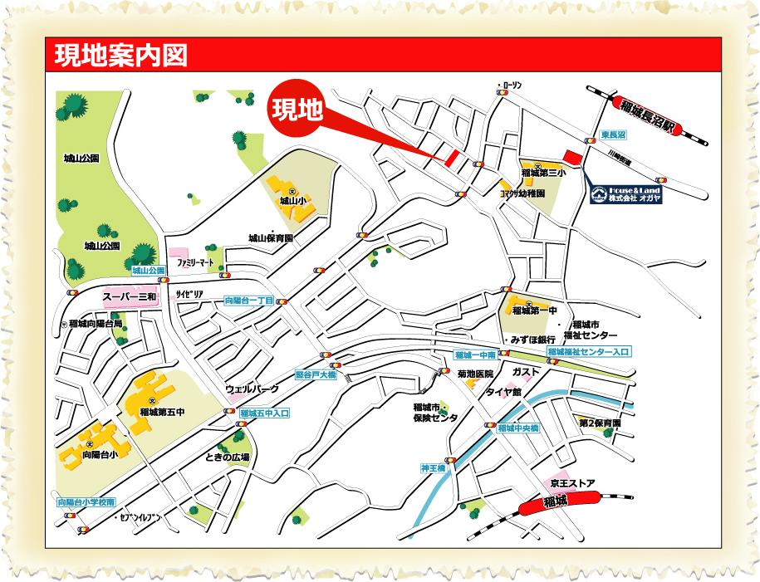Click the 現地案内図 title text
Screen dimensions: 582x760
pos(120,56)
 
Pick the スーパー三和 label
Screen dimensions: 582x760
pos(130,296)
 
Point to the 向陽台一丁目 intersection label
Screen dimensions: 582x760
pos(248,301)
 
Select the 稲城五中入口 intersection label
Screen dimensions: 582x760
pos(264,413)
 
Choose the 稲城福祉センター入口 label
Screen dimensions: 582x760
pos(588,352)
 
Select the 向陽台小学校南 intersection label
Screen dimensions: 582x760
pos(86,502)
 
